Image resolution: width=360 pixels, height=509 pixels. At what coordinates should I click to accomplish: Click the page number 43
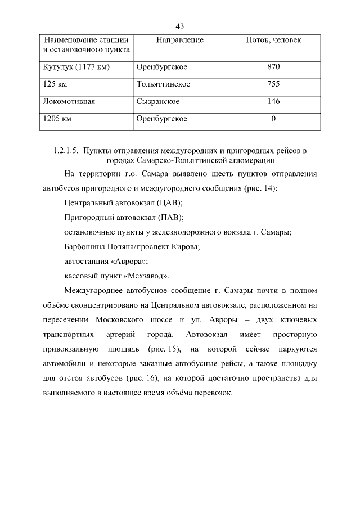point(180,26)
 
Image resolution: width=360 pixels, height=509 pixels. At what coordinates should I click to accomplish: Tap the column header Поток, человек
point(273,40)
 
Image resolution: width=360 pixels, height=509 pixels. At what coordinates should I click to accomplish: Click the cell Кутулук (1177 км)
point(76,67)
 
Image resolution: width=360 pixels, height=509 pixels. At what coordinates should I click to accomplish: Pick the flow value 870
point(273,67)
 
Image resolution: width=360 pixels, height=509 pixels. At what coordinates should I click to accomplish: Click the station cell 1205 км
point(58,119)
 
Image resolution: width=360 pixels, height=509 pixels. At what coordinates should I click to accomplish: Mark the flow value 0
point(273,119)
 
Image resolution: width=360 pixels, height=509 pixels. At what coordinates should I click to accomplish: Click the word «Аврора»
point(128,261)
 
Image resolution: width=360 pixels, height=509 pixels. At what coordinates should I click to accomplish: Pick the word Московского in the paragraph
point(123,319)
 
